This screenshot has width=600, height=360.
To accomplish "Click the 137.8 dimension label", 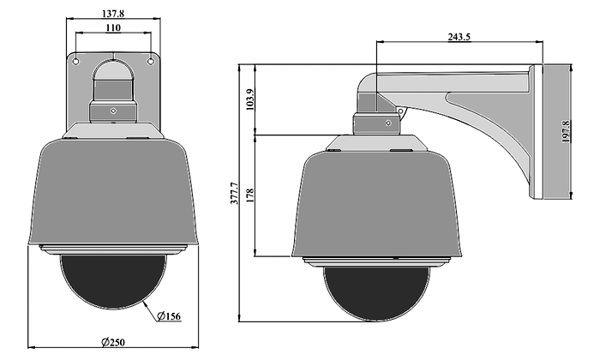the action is (x=113, y=14).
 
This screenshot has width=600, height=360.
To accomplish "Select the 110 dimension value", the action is (x=113, y=28).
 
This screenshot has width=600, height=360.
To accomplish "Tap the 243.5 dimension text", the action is (x=459, y=37).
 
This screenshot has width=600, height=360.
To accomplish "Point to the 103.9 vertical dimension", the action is (x=250, y=99).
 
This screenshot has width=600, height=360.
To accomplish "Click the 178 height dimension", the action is (x=250, y=195).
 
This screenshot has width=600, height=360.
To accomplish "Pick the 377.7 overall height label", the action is (x=235, y=193).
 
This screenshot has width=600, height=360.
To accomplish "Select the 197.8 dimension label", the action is (x=566, y=131).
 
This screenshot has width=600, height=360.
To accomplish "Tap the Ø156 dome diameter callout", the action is (x=168, y=316).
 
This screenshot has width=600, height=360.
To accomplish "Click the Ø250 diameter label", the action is (x=113, y=342).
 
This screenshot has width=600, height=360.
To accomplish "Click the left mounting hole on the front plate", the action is (x=76, y=61).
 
